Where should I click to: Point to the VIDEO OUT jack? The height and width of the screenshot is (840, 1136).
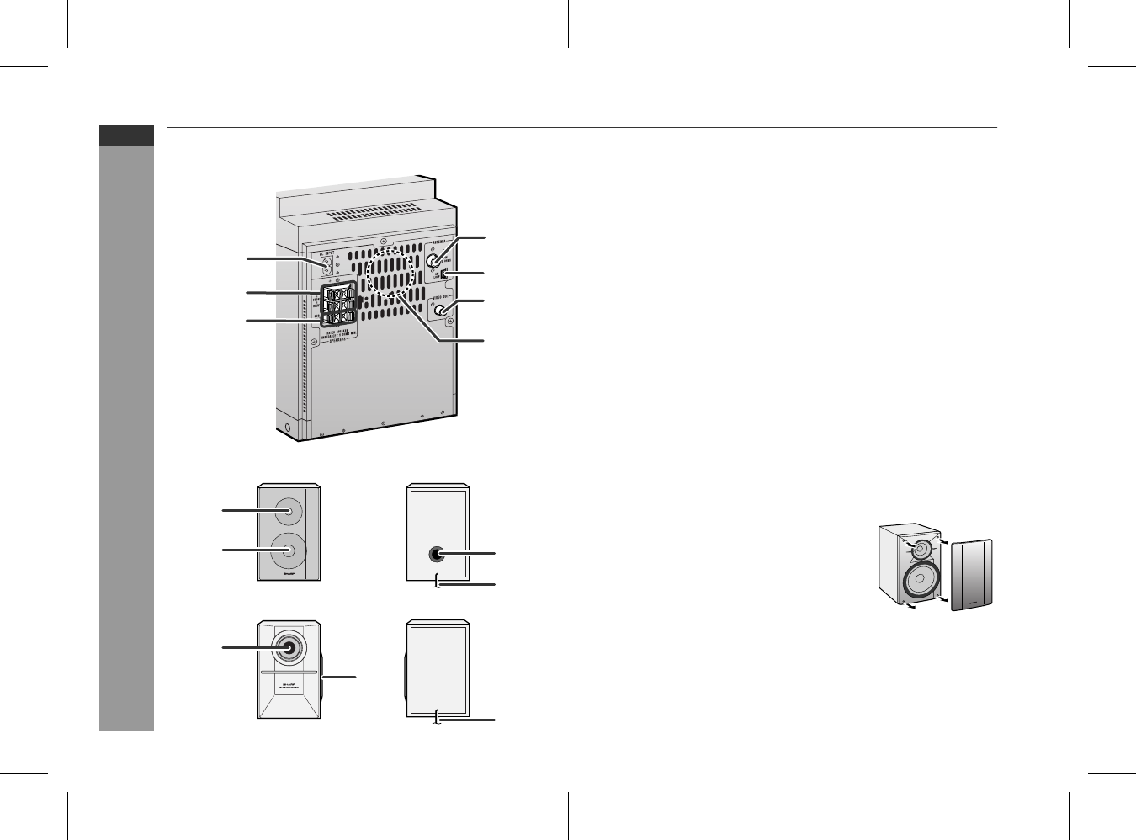(x=439, y=311)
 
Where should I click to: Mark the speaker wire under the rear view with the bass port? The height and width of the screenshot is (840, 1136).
(x=436, y=582)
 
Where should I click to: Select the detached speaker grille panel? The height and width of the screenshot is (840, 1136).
(x=972, y=574)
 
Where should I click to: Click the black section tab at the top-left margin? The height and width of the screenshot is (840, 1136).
(x=126, y=136)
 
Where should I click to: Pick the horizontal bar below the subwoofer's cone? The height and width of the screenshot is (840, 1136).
(x=289, y=674)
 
